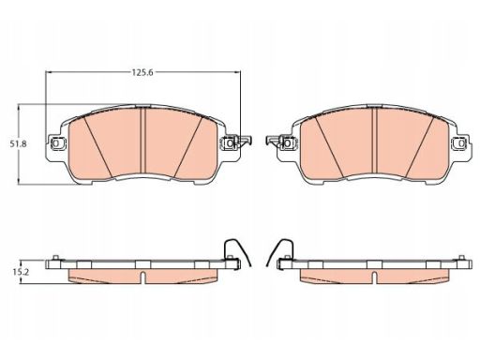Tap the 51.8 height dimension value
[x=18, y=144]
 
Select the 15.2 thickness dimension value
[x=21, y=272]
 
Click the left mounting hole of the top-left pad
[x=56, y=143]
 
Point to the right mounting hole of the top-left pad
[x=230, y=143]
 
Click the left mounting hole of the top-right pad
[x=288, y=143]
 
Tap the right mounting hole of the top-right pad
[x=461, y=143]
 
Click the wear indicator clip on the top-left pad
[x=244, y=141]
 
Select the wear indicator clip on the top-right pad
[x=274, y=141]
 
